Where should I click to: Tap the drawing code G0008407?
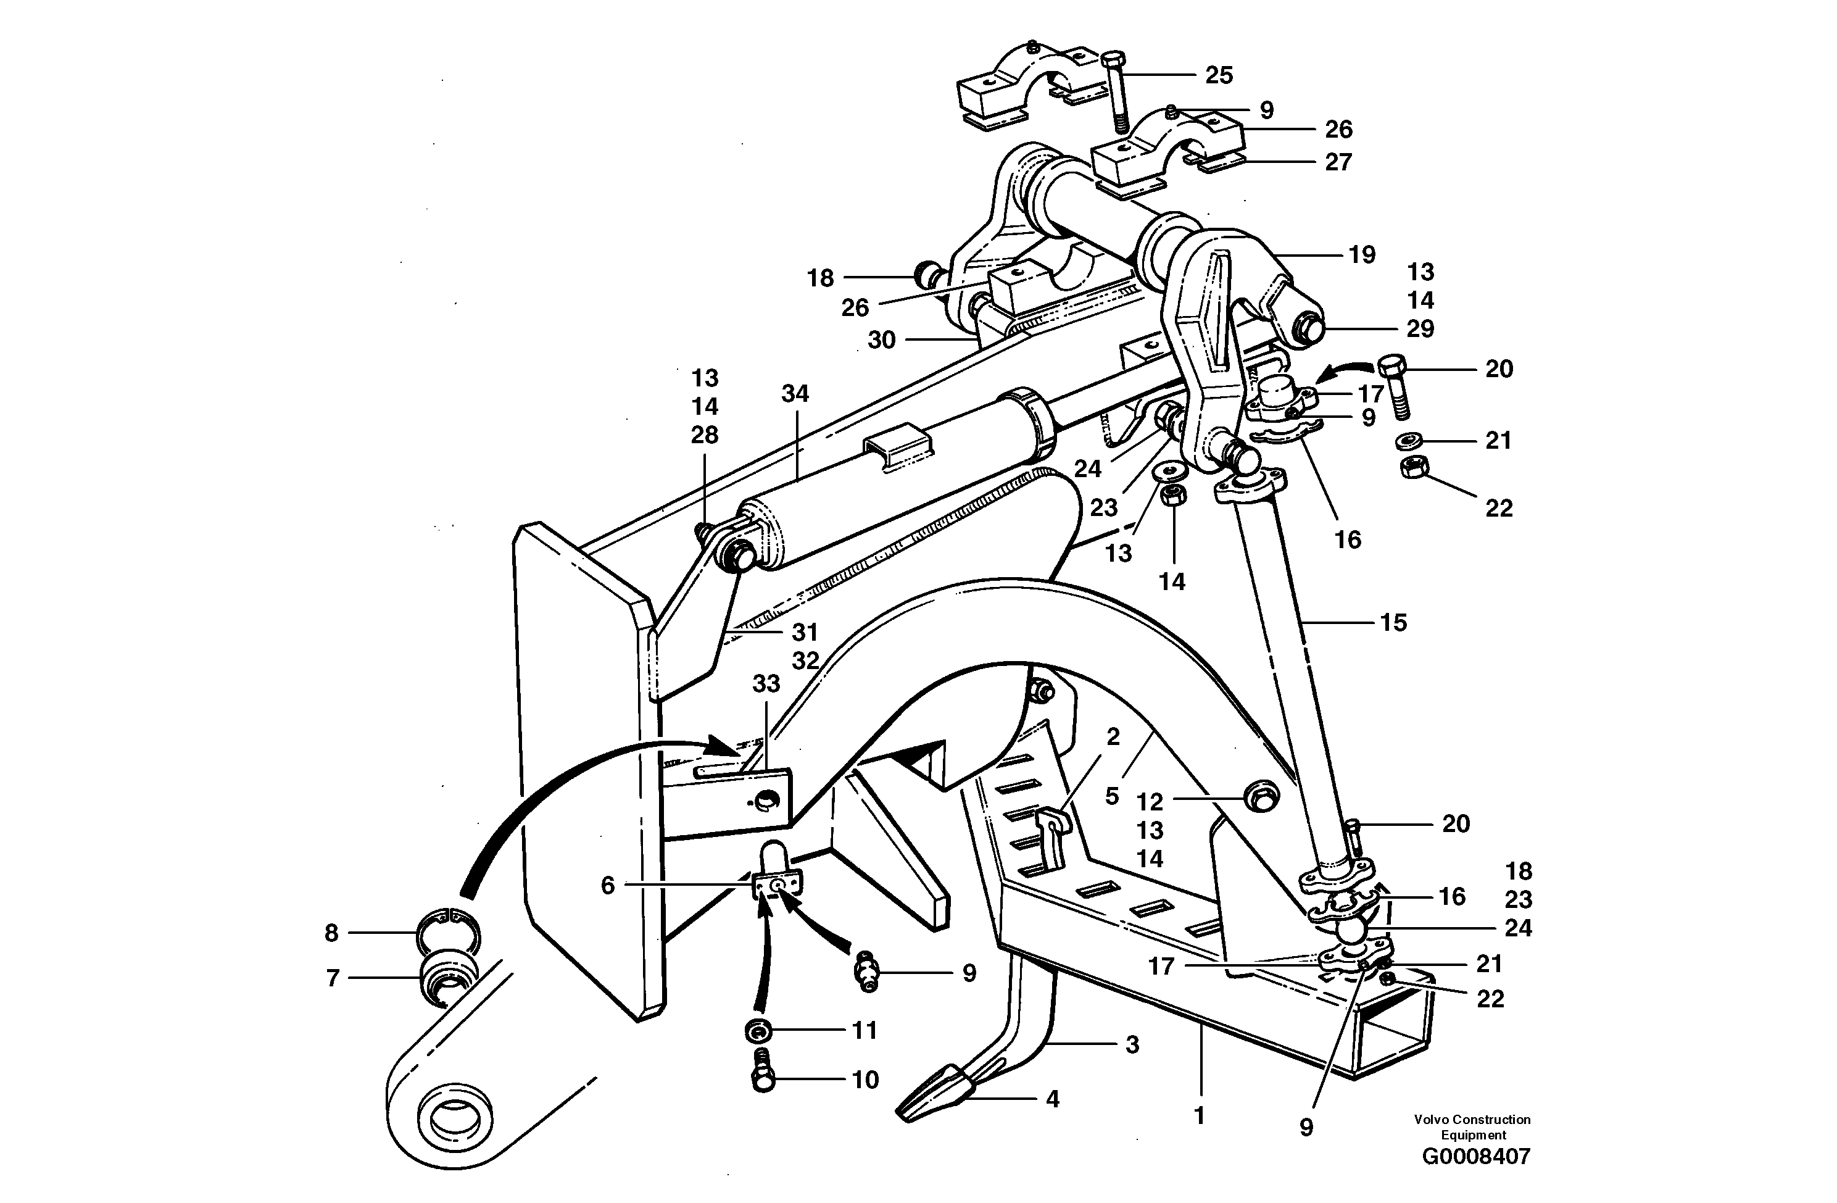click(x=1475, y=1157)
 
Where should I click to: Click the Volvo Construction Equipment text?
click(x=1472, y=1126)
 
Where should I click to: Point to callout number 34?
click(x=794, y=394)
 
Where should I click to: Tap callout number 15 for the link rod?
click(x=1393, y=622)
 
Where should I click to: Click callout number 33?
click(x=766, y=683)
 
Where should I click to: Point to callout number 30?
click(x=881, y=339)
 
